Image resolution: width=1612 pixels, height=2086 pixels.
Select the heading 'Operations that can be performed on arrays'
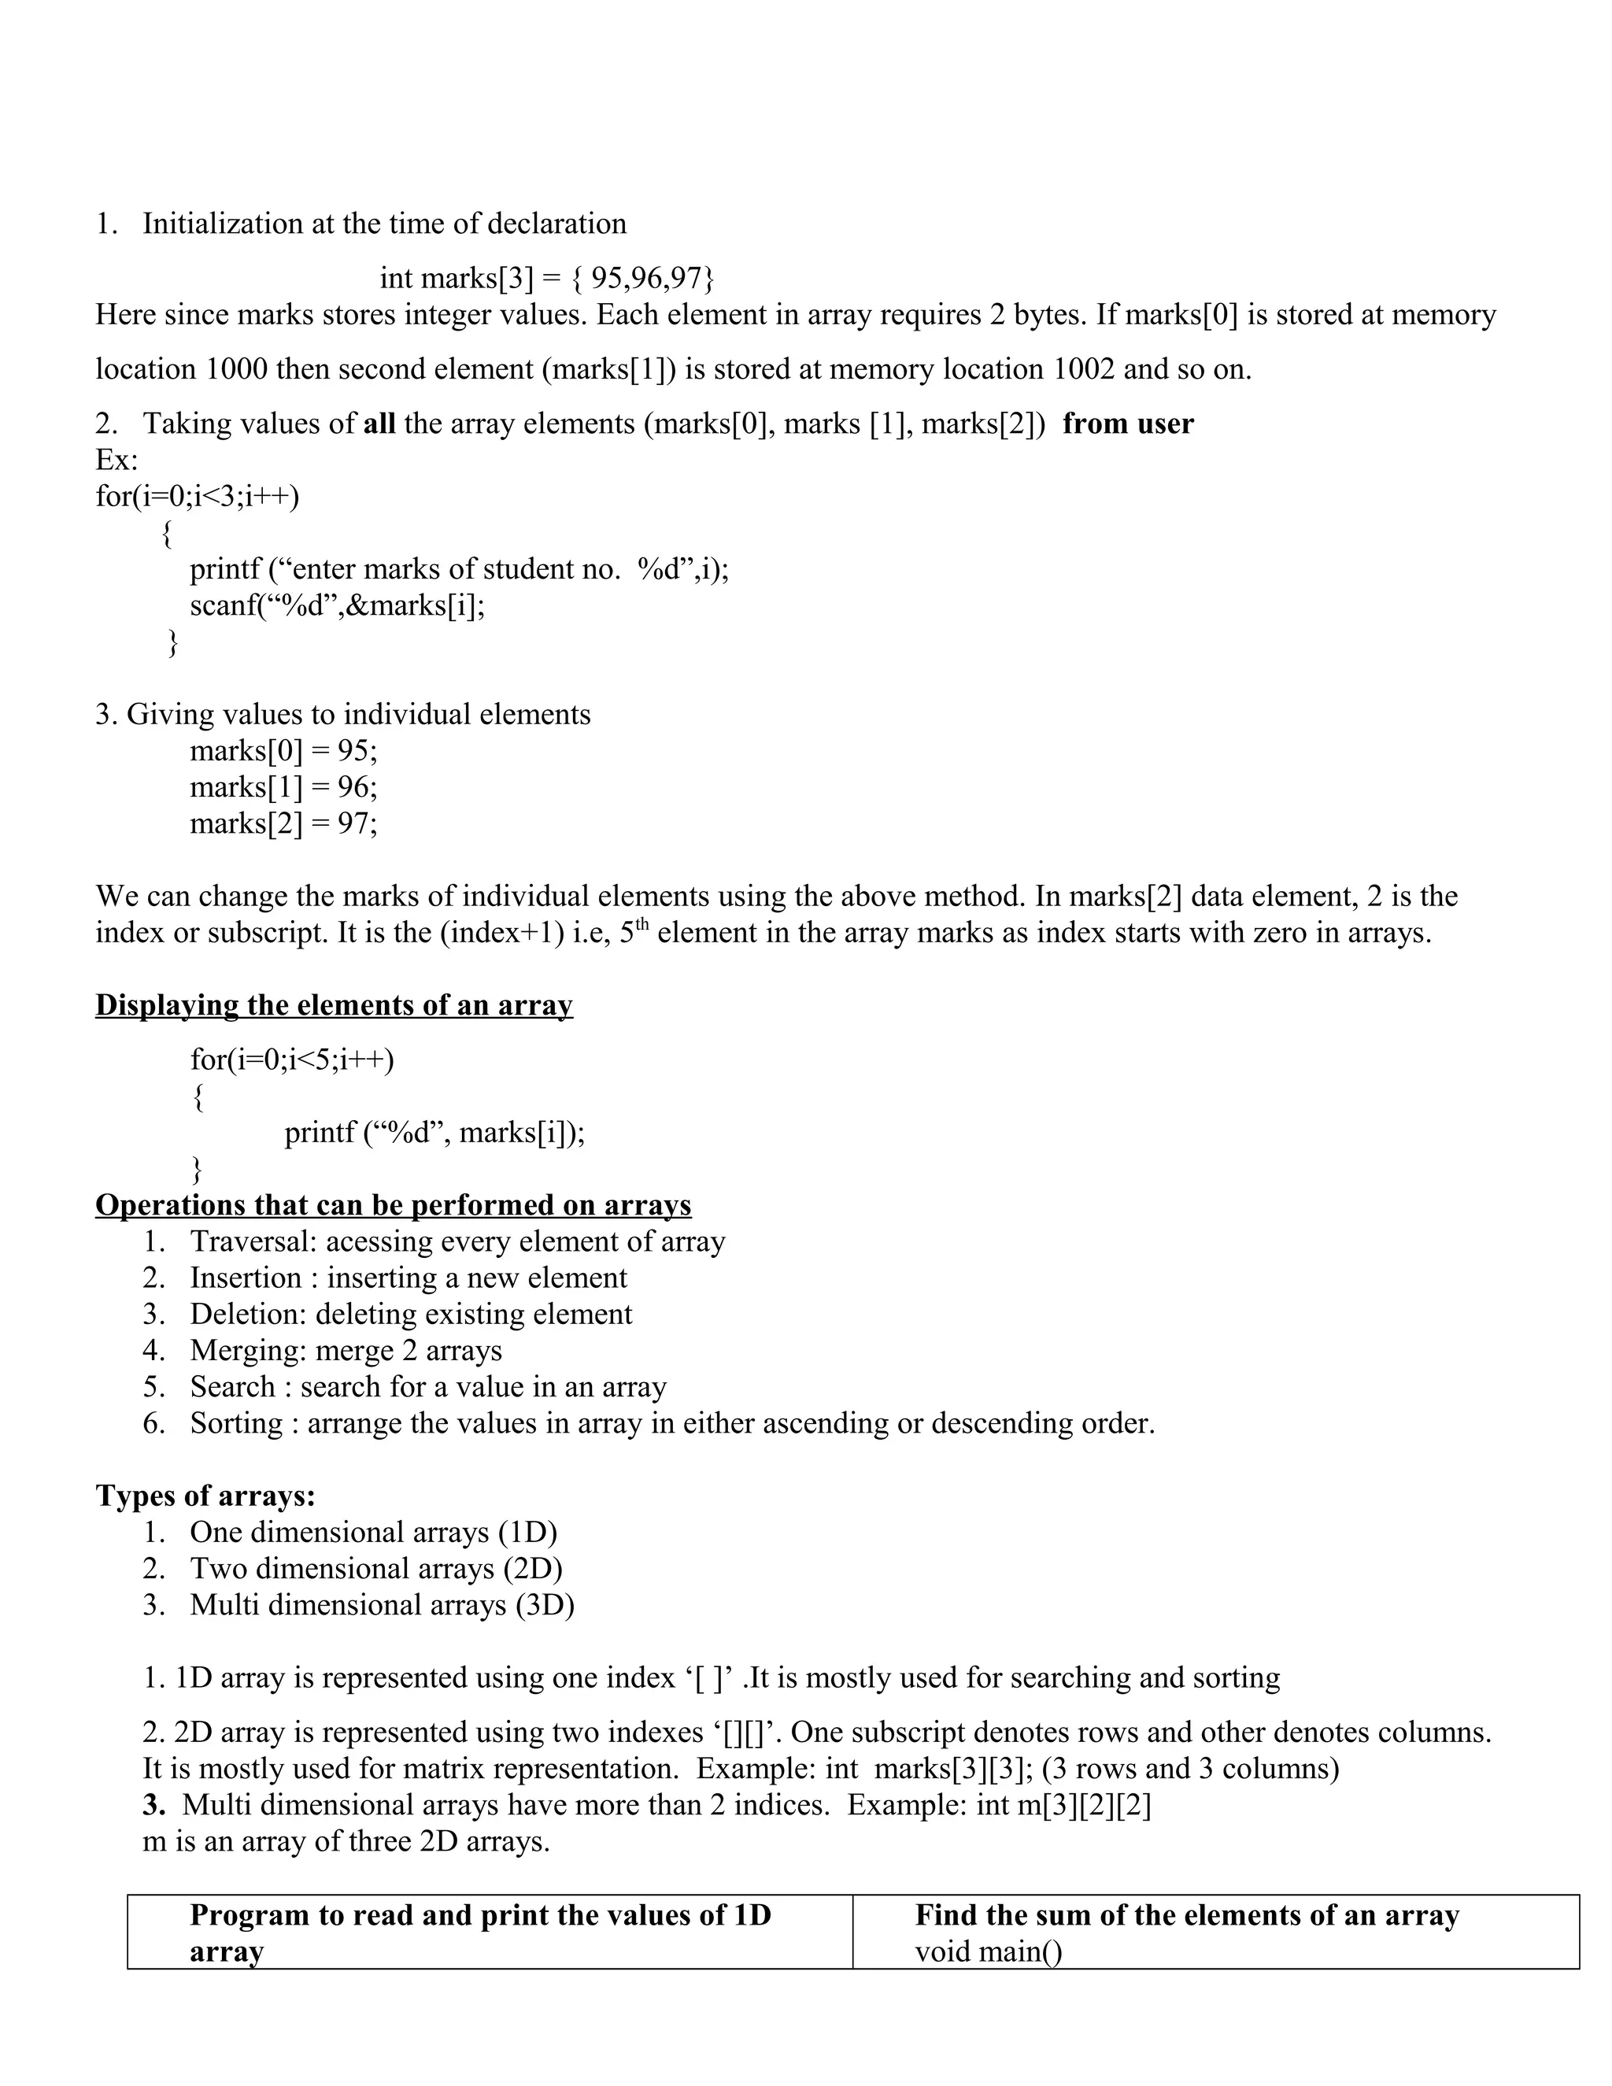point(393,1205)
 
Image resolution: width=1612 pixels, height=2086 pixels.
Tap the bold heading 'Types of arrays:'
point(205,1496)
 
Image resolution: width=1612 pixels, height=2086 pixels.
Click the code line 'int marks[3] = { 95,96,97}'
point(546,278)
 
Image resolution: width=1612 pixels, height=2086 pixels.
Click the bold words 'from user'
point(1127,423)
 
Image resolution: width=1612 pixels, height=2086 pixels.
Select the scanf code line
point(336,605)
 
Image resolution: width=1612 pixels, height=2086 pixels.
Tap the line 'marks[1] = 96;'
point(283,787)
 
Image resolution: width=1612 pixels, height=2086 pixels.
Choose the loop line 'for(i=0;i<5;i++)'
point(291,1060)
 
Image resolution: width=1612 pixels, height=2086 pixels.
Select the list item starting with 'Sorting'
point(671,1423)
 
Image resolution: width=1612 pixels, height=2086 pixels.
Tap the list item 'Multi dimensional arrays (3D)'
point(381,1604)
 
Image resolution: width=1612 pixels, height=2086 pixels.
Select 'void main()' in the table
point(988,1951)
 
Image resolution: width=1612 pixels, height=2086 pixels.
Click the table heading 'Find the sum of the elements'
point(1186,1915)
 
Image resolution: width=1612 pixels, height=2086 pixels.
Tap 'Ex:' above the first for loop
point(116,460)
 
